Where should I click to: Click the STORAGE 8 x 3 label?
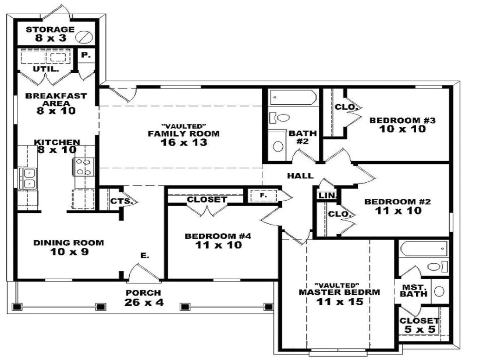pyautogui.click(x=50, y=33)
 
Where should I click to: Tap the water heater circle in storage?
pyautogui.click(x=82, y=37)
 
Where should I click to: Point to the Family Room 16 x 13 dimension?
pyautogui.click(x=183, y=142)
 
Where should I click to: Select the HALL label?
pyautogui.click(x=300, y=175)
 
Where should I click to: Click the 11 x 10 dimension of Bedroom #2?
pyautogui.click(x=398, y=211)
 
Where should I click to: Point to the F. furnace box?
pyautogui.click(x=263, y=195)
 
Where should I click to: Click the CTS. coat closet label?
pyautogui.click(x=121, y=201)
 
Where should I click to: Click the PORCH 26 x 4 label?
pyautogui.click(x=143, y=297)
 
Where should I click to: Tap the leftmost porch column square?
pyautogui.click(x=16, y=307)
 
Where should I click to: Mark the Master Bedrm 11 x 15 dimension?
pyautogui.click(x=339, y=301)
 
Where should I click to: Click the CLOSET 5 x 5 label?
pyautogui.click(x=419, y=325)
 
